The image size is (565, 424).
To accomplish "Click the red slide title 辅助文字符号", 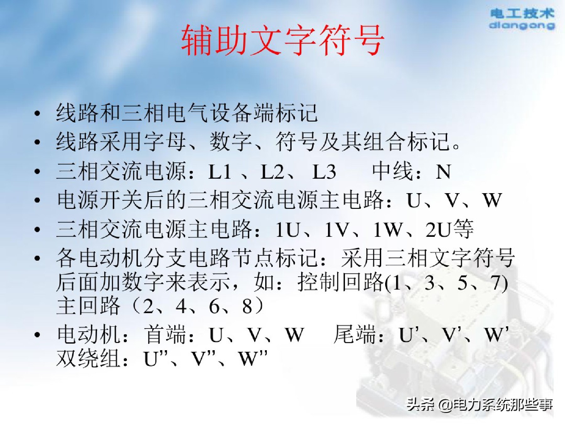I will pyautogui.click(x=282, y=40).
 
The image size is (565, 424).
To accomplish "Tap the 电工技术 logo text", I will pyautogui.click(x=522, y=14).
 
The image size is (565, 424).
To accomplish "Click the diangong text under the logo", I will pyautogui.click(x=522, y=25).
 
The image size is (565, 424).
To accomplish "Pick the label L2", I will pyautogui.click(x=272, y=172).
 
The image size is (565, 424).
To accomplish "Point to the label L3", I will pyautogui.click(x=324, y=172).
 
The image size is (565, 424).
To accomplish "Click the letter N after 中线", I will pyautogui.click(x=443, y=172).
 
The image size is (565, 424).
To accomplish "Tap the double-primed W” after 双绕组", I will pyautogui.click(x=253, y=358).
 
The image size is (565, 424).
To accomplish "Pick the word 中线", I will pyautogui.click(x=392, y=172).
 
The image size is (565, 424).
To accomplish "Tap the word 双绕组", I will pyautogui.click(x=88, y=358).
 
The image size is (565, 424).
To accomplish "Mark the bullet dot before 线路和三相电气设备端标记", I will pyautogui.click(x=37, y=113).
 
